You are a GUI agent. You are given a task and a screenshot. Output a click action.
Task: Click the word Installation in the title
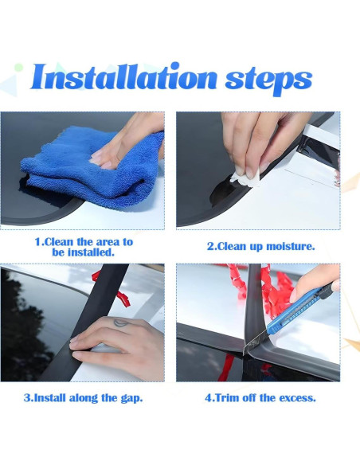123,76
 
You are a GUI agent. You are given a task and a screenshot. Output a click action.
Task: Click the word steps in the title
268,80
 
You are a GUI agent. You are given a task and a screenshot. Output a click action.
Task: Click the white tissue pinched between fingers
245,178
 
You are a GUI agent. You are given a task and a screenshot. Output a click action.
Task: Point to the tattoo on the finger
121,322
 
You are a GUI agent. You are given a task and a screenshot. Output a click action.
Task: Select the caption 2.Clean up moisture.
260,247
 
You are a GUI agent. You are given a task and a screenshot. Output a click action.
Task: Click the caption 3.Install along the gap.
83,398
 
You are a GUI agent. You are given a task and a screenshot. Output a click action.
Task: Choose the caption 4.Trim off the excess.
260,397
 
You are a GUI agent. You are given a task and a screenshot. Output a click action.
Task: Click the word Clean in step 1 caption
59,242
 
